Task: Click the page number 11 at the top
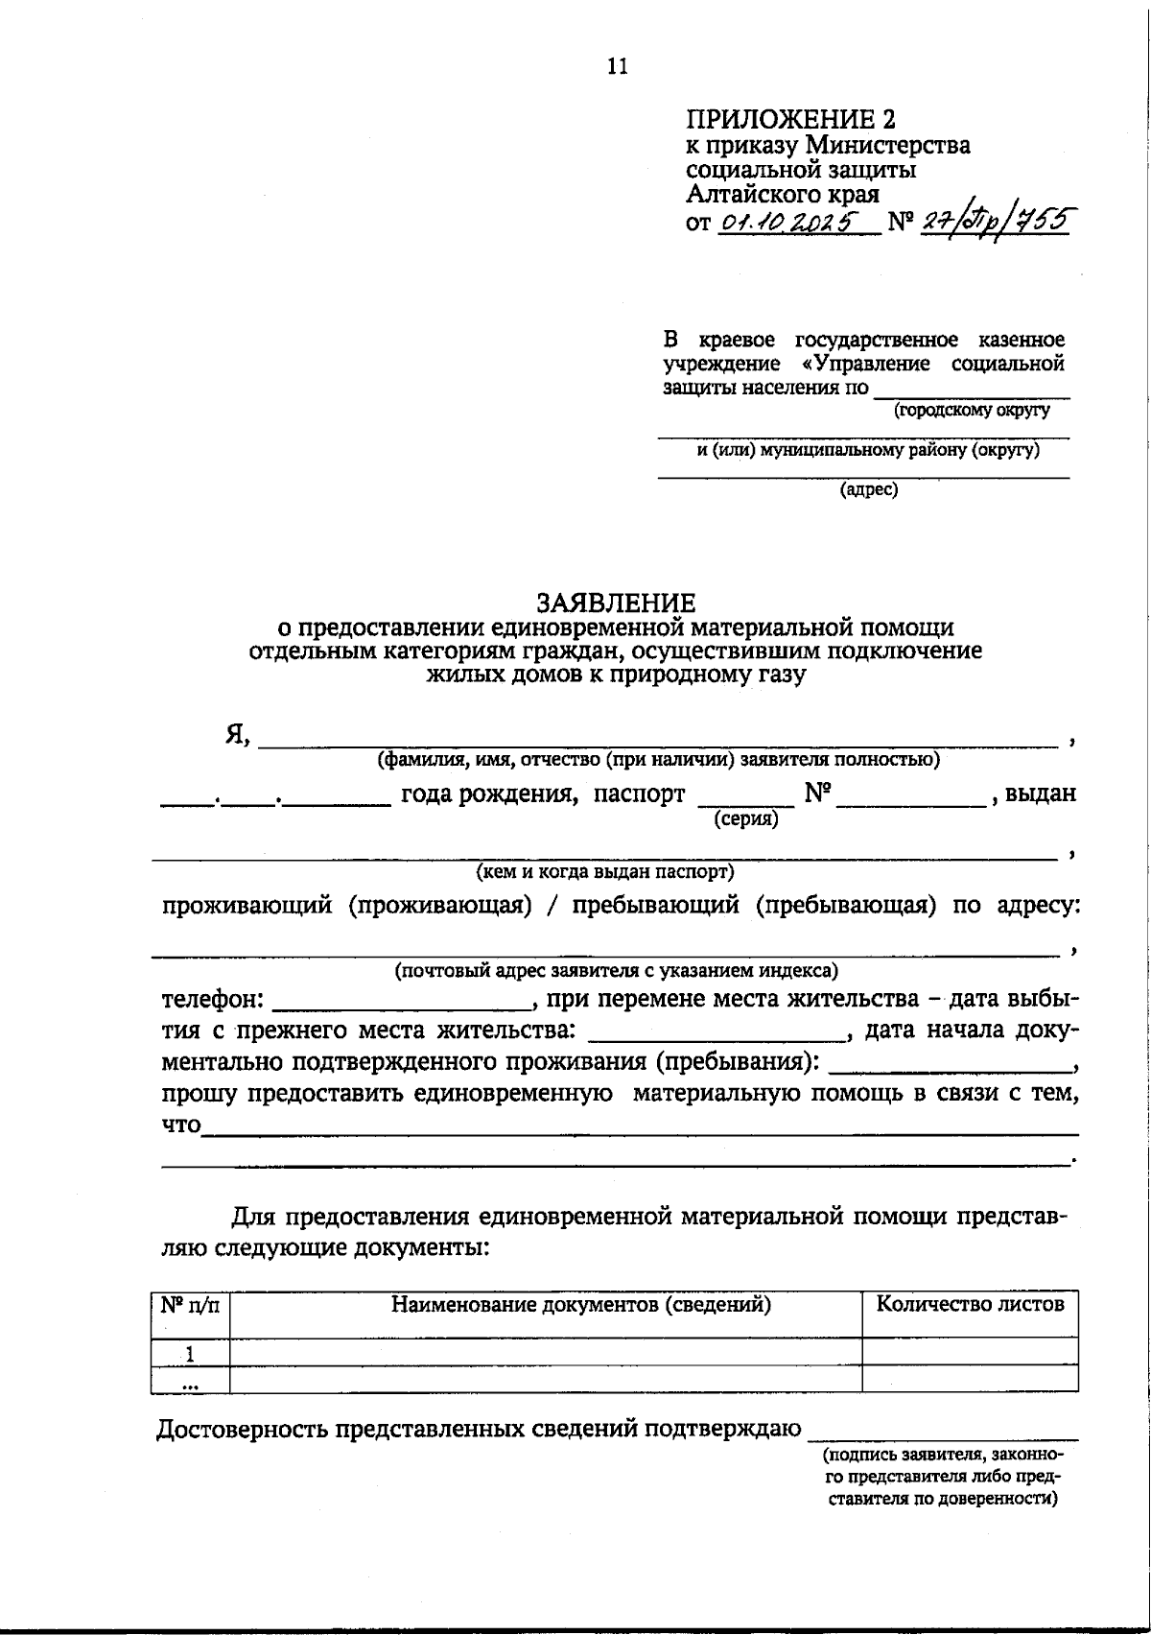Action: pyautogui.click(x=617, y=65)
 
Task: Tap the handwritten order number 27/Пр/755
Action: pyautogui.click(x=995, y=221)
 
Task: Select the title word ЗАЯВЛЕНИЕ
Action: pyautogui.click(x=616, y=603)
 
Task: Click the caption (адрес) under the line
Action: pyautogui.click(x=869, y=490)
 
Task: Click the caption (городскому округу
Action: pyautogui.click(x=972, y=411)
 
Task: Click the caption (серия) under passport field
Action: pyautogui.click(x=745, y=819)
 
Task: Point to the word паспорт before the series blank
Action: pyautogui.click(x=639, y=794)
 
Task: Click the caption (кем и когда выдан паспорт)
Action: pyautogui.click(x=605, y=872)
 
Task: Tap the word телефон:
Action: pyautogui.click(x=213, y=999)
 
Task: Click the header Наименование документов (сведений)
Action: pyautogui.click(x=581, y=1304)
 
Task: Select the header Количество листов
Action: pyautogui.click(x=970, y=1304)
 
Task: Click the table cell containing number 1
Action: pyautogui.click(x=190, y=1354)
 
